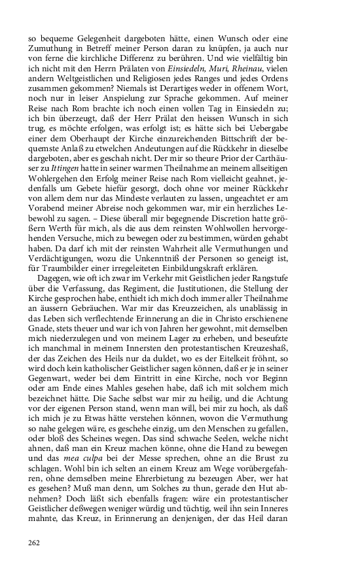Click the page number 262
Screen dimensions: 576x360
point(34,542)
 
